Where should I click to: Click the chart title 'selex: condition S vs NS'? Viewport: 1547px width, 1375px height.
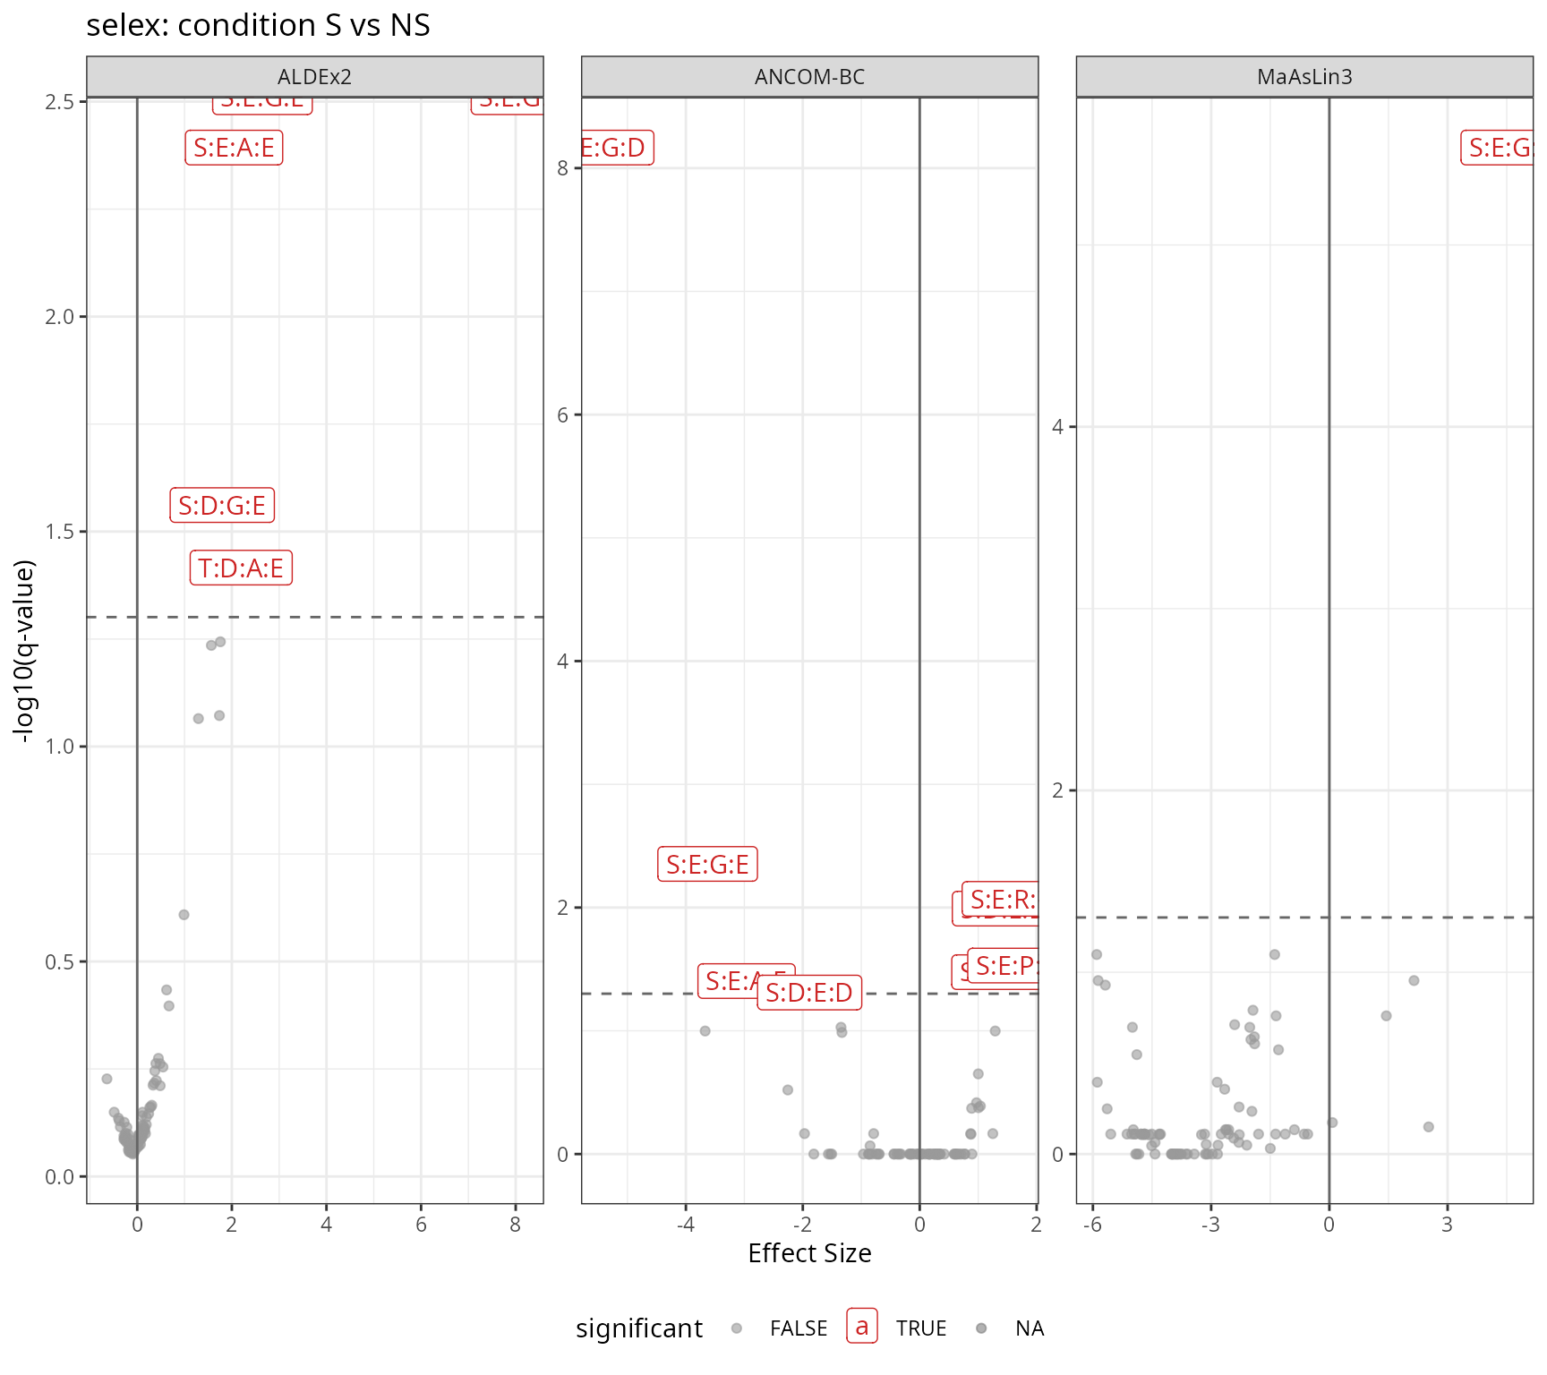(x=258, y=25)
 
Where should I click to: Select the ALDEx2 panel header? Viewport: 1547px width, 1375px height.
(x=314, y=77)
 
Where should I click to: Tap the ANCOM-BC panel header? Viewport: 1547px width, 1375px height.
(x=809, y=77)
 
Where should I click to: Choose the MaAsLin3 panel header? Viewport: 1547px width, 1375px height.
(x=1304, y=77)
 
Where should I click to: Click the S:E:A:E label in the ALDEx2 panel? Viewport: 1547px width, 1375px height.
(x=234, y=148)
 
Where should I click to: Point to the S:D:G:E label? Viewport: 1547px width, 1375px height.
(x=222, y=506)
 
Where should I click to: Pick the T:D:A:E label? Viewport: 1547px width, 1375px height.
(x=241, y=568)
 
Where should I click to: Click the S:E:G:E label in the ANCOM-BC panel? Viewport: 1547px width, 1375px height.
(x=707, y=865)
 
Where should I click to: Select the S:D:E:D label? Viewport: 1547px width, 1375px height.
(x=809, y=993)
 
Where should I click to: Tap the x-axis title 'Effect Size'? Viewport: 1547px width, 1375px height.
(x=809, y=1253)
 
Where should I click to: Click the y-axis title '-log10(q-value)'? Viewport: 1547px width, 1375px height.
(x=24, y=651)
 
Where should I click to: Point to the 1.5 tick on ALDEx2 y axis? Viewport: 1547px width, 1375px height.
(x=60, y=532)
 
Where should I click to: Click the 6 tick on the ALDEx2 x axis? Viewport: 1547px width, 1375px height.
(x=421, y=1225)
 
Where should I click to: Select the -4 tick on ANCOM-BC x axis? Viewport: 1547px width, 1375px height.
(x=686, y=1225)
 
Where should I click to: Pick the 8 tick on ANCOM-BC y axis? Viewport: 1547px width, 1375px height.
(x=563, y=168)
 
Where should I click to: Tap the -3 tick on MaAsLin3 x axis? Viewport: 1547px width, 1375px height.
(x=1210, y=1225)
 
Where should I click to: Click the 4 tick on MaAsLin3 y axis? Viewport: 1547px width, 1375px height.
(x=1058, y=427)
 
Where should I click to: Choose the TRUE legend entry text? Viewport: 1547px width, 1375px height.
(x=921, y=1328)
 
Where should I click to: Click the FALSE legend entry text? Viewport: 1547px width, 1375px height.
(x=799, y=1328)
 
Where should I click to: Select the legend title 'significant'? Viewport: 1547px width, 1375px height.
(x=639, y=1328)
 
